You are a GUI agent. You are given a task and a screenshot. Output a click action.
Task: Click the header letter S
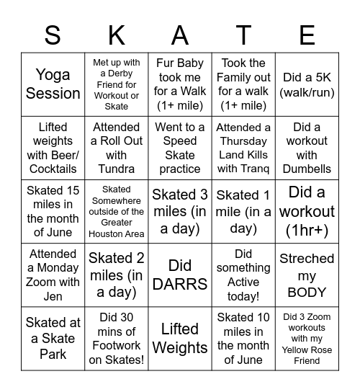click(53, 35)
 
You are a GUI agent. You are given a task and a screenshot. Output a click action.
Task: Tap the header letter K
click(116, 35)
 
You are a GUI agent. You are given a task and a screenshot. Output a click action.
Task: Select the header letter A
click(180, 35)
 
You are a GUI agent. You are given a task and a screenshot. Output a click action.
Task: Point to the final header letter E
click(307, 35)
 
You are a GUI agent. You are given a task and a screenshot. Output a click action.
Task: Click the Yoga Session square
click(53, 85)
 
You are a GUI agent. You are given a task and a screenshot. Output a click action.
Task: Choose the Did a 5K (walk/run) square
click(307, 85)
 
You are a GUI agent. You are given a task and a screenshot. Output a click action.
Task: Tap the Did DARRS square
click(180, 275)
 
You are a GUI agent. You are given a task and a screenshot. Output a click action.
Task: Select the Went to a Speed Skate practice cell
click(180, 148)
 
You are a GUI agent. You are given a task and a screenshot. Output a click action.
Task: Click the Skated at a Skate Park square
click(53, 339)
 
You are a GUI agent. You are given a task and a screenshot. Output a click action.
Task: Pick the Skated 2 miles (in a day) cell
click(116, 275)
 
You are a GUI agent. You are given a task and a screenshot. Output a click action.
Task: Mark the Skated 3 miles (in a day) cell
click(180, 212)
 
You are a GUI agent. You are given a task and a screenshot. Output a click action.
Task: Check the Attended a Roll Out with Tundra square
click(116, 148)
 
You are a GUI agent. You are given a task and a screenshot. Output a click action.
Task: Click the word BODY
click(307, 293)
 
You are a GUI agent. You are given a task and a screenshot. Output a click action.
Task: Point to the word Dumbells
click(307, 169)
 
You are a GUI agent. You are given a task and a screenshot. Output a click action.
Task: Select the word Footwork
click(116, 346)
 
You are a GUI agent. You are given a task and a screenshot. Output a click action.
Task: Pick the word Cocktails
click(53, 169)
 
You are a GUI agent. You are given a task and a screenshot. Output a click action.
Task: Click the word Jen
click(53, 296)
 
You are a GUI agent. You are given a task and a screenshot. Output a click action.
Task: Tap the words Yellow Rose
click(307, 350)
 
